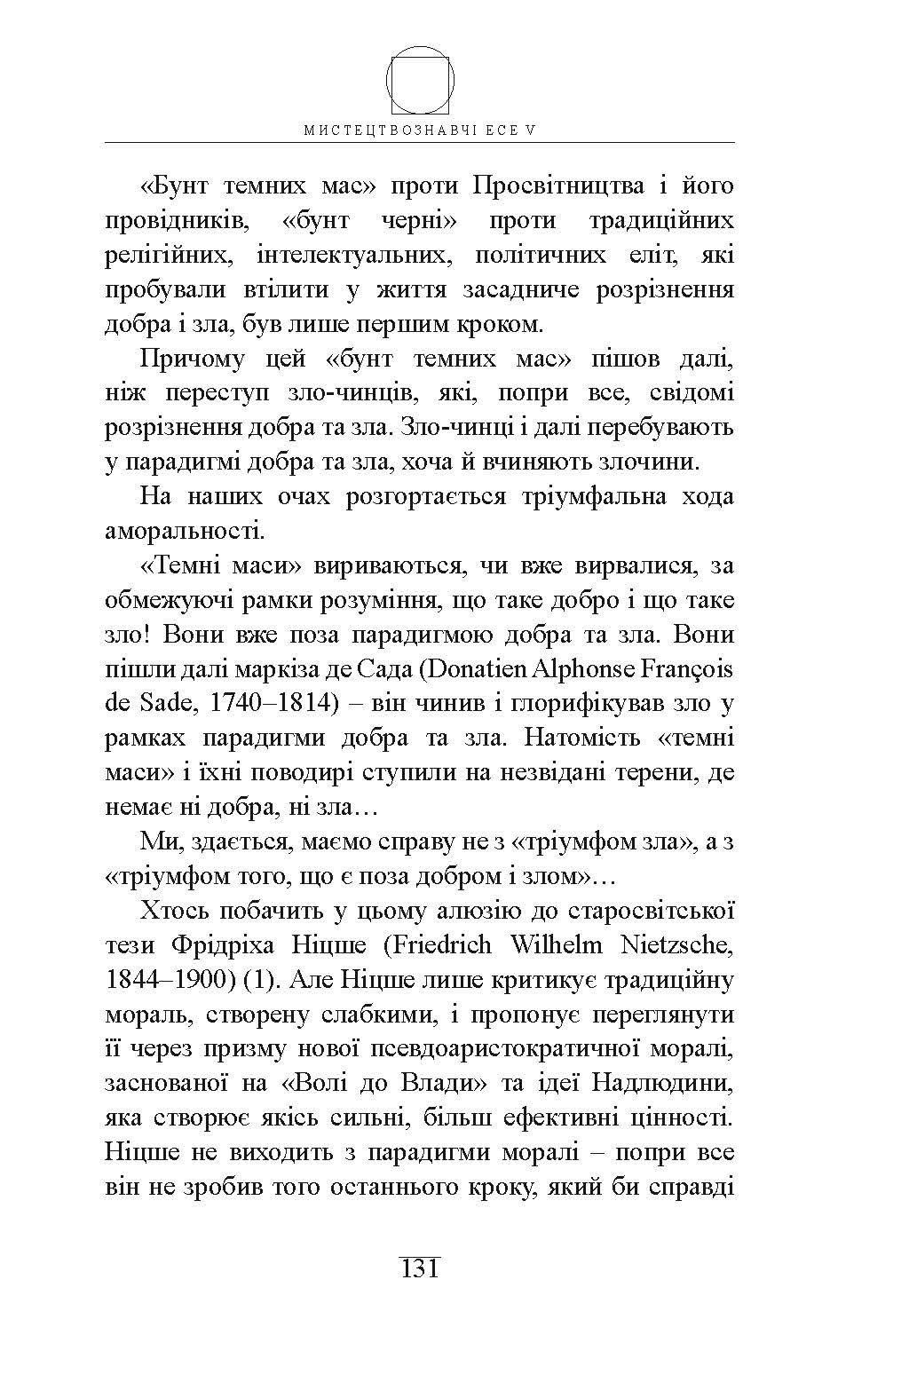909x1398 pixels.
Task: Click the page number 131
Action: (x=420, y=1268)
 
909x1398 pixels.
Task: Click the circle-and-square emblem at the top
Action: (x=421, y=81)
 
